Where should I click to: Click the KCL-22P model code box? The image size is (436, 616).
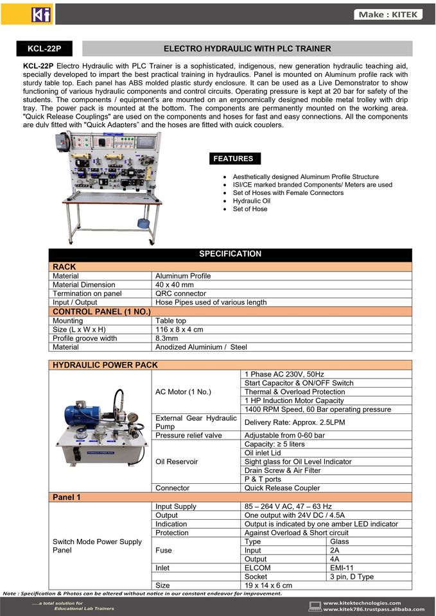(44, 49)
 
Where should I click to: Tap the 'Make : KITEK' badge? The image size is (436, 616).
(388, 14)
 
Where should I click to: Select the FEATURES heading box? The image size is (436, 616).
(233, 158)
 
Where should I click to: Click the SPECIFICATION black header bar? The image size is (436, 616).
(231, 254)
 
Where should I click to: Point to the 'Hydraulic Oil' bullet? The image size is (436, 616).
(250, 201)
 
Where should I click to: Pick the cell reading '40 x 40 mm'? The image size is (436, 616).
(175, 284)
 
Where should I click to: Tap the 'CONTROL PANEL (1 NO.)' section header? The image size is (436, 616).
(101, 311)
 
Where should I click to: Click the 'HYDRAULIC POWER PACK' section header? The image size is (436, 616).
(105, 365)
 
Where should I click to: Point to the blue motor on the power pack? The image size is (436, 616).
(82, 411)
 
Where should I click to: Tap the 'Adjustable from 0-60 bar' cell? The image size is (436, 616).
(285, 436)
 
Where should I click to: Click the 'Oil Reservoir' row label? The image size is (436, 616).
(177, 461)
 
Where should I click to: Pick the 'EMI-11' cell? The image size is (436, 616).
(341, 568)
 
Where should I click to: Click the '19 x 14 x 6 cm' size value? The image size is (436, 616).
(268, 585)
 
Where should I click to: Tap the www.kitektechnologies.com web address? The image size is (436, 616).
(362, 603)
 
